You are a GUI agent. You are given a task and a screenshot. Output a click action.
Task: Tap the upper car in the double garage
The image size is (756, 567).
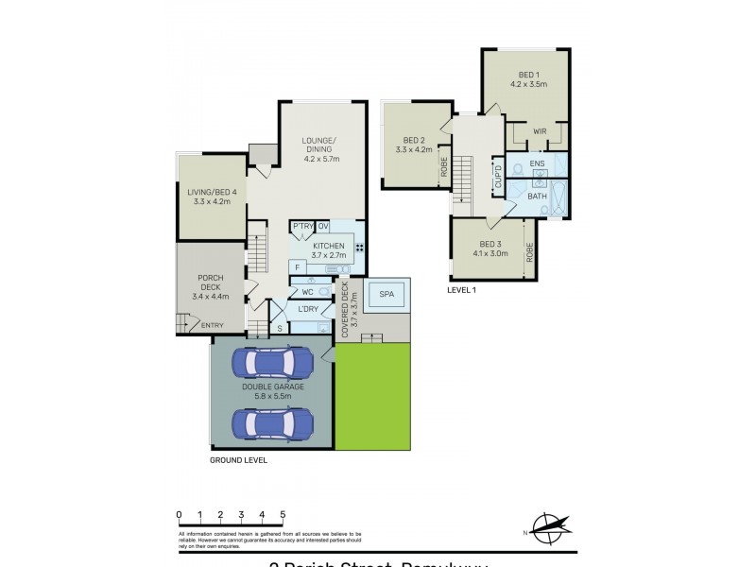(271, 364)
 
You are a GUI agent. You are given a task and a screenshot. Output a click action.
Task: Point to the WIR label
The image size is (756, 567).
(540, 132)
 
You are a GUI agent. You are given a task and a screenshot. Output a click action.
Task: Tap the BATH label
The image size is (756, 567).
(537, 197)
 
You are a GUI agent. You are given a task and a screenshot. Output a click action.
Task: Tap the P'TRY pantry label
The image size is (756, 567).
(301, 226)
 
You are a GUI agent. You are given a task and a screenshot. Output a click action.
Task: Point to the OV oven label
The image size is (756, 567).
(322, 226)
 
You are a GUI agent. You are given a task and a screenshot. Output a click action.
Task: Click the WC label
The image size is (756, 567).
(307, 292)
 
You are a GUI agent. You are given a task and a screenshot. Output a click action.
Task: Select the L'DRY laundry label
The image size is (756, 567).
(307, 310)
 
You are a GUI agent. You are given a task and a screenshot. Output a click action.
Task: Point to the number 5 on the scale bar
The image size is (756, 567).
(283, 514)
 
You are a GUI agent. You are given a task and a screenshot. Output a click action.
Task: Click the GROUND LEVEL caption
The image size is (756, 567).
(239, 460)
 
